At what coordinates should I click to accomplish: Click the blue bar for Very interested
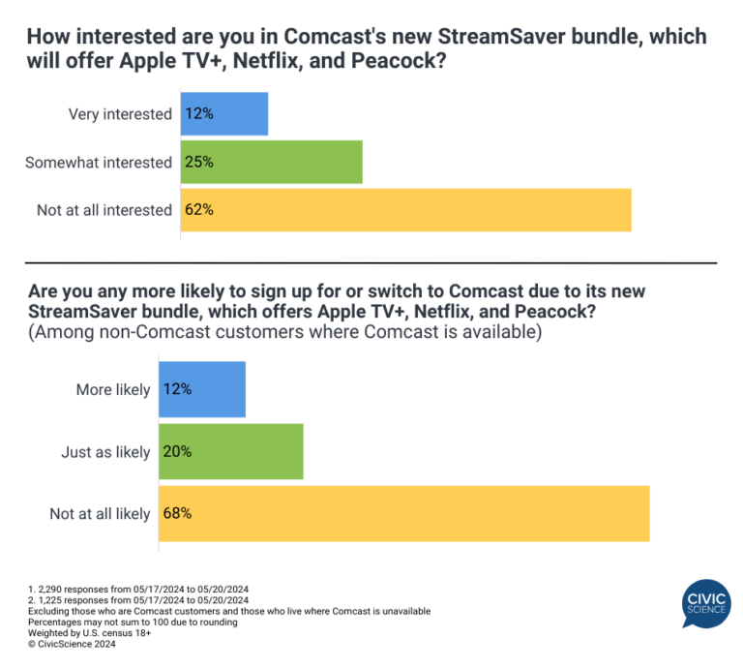[x=223, y=114]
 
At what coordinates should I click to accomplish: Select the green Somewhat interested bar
[x=271, y=162]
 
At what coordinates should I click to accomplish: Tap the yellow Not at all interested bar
[x=405, y=210]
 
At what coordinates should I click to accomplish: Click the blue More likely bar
[x=201, y=389]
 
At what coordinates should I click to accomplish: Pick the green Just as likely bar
[x=230, y=451]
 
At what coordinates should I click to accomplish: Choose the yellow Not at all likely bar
[x=403, y=513]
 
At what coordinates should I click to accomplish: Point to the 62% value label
[x=200, y=210]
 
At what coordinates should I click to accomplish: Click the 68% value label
[x=178, y=513]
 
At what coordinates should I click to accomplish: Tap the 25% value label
[x=200, y=162]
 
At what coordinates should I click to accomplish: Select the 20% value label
[x=178, y=451]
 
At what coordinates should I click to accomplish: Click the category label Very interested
[x=120, y=114]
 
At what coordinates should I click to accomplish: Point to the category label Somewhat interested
[x=98, y=162]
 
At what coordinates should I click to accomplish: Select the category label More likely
[x=113, y=390]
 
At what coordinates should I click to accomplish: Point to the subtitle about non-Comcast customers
[x=284, y=332]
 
